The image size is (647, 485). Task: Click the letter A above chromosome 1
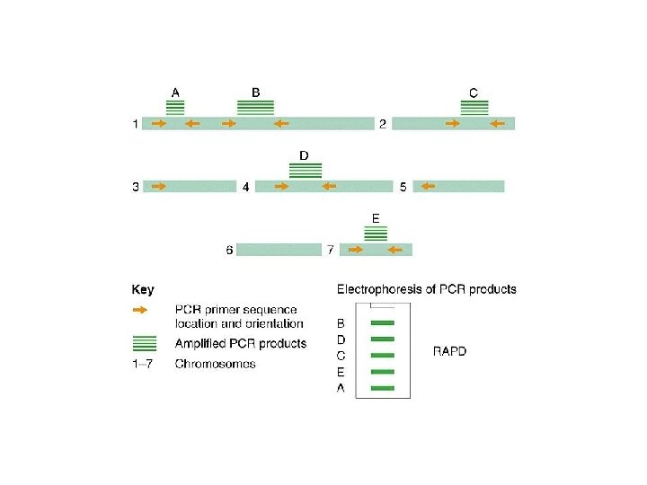175,92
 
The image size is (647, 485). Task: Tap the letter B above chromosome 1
256,92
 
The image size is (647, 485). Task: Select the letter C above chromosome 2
474,92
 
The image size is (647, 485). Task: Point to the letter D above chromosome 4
304,155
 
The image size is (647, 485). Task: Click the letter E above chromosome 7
375,217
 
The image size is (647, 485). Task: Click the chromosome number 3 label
136,187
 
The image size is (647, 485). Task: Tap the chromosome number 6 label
229,250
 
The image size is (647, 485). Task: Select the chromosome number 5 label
403,187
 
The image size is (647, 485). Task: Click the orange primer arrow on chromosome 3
160,187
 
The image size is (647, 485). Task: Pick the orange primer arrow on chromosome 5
427,187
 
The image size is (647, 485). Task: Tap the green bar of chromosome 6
279,250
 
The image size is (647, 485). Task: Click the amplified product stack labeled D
306,170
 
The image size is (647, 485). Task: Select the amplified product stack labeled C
474,108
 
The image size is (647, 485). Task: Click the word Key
143,289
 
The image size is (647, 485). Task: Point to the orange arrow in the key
144,310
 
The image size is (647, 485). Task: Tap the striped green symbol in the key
144,343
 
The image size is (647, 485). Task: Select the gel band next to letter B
383,322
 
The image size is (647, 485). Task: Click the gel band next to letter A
383,388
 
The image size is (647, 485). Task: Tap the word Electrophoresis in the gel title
377,289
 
